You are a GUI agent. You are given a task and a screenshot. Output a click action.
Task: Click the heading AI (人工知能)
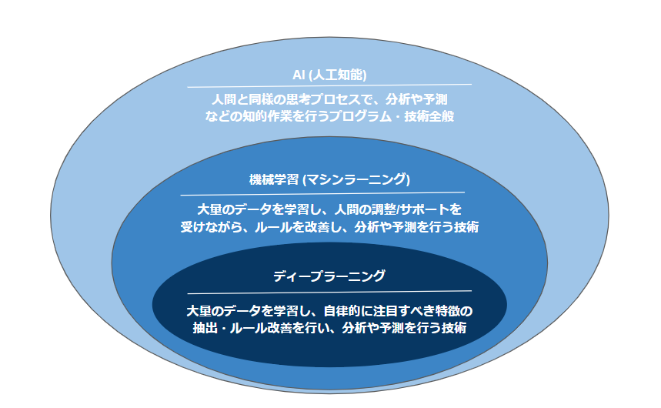click(x=329, y=75)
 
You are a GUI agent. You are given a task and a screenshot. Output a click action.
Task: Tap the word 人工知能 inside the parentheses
click(x=338, y=75)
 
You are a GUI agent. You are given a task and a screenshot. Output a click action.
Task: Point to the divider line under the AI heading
click(x=329, y=85)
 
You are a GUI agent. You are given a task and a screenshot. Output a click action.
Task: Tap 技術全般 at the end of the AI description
click(x=429, y=116)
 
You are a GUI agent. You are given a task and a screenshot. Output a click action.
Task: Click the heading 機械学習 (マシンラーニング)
click(x=329, y=179)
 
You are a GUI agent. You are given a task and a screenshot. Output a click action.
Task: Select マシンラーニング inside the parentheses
click(x=356, y=179)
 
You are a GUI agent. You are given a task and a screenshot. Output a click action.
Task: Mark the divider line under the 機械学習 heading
click(x=322, y=194)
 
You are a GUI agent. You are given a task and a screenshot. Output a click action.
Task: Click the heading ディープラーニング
click(x=329, y=276)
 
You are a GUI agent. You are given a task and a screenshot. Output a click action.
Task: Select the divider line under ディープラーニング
click(x=329, y=292)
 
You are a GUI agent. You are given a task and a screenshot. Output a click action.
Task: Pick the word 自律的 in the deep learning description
click(x=342, y=311)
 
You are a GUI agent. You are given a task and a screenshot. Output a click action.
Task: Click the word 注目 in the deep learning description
click(x=386, y=311)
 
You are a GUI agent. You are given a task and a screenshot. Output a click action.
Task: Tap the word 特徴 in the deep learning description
click(x=448, y=311)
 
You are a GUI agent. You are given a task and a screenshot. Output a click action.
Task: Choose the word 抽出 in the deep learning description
click(x=205, y=328)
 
